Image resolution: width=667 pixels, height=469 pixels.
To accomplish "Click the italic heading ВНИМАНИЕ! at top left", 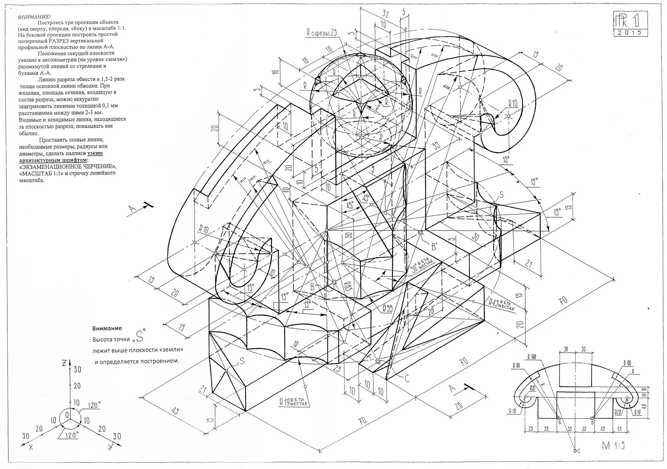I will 35,16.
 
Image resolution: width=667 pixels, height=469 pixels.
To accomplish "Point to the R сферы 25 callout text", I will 322,32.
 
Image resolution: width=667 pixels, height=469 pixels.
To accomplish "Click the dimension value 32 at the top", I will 386,14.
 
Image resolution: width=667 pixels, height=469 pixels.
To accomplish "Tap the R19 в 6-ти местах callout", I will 293,402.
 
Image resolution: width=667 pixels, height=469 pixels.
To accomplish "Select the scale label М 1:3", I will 613,446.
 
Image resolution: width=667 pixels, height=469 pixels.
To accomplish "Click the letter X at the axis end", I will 31,448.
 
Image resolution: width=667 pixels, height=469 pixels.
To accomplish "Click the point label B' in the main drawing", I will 434,247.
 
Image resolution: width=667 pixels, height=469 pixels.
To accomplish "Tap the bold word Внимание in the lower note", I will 107,328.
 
